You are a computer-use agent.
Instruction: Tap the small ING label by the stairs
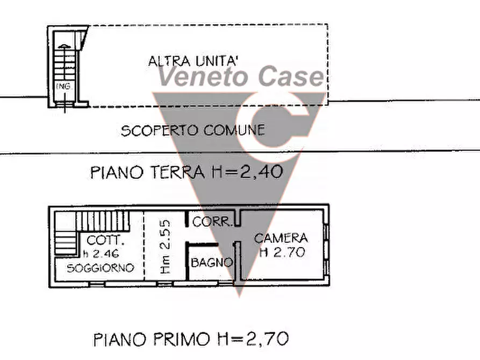coord(63,86)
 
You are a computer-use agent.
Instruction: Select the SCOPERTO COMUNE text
coord(193,130)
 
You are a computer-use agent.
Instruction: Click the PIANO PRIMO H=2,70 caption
coord(191,339)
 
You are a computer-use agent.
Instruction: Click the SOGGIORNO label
coord(100,268)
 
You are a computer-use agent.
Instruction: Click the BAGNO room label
coord(212,263)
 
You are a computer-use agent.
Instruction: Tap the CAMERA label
coord(281,238)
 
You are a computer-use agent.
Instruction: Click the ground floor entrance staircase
coord(64,67)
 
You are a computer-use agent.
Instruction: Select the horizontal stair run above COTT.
coord(103,220)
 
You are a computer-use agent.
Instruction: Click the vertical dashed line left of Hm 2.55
coord(144,244)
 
